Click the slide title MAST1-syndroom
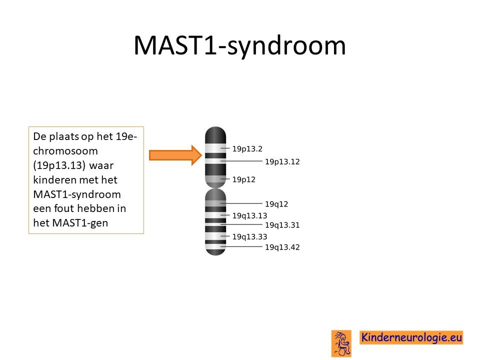click(x=239, y=45)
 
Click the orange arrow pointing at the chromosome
click(x=175, y=155)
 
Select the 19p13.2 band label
click(x=247, y=149)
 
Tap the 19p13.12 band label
click(x=282, y=161)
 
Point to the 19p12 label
click(x=243, y=179)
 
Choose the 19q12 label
click(x=276, y=204)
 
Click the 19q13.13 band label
click(x=250, y=216)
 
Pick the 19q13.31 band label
click(x=282, y=225)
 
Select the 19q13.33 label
click(x=250, y=236)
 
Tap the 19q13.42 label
click(x=282, y=247)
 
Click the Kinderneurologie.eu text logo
click(x=411, y=337)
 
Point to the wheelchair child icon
click(x=341, y=343)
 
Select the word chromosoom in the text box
click(x=65, y=151)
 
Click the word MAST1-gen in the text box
click(x=80, y=223)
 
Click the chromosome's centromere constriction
click(x=215, y=187)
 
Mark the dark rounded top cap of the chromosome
click(x=215, y=134)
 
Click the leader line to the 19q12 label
click(x=241, y=203)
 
